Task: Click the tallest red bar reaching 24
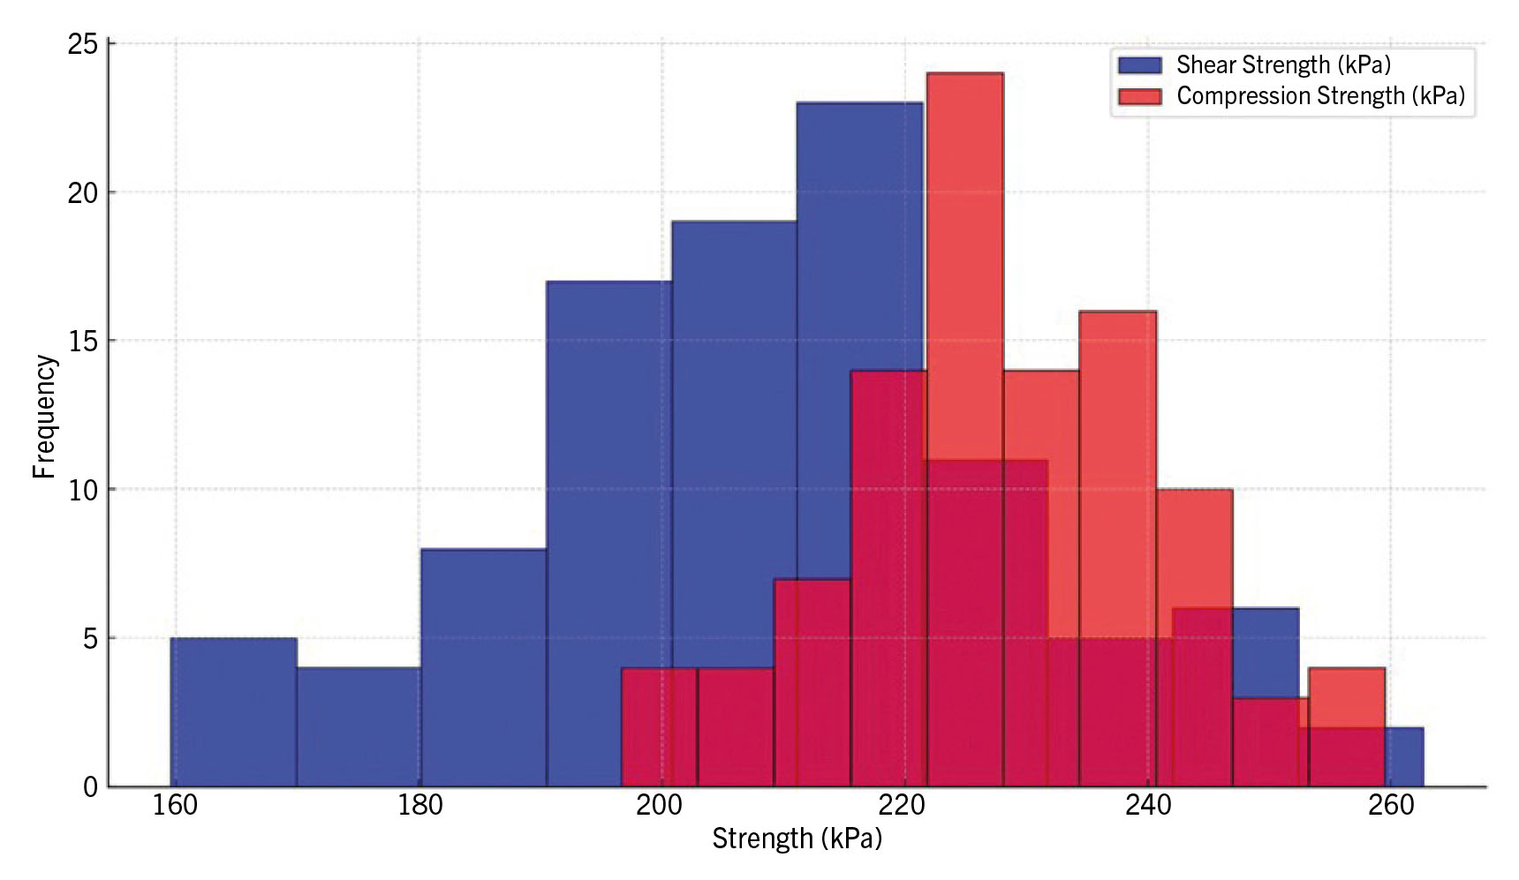click(x=964, y=265)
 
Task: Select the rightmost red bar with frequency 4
click(x=1346, y=697)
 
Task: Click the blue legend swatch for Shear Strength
click(x=1139, y=65)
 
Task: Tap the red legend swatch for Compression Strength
click(x=1139, y=96)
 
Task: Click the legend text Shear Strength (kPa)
click(x=1283, y=65)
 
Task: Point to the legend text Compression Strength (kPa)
click(x=1320, y=96)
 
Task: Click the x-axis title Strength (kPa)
click(x=797, y=838)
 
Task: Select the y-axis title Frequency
click(x=44, y=416)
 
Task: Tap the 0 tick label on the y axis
click(x=90, y=787)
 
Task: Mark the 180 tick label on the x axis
click(x=419, y=805)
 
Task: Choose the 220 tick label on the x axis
click(x=903, y=805)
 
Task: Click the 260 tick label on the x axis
click(x=1390, y=805)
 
